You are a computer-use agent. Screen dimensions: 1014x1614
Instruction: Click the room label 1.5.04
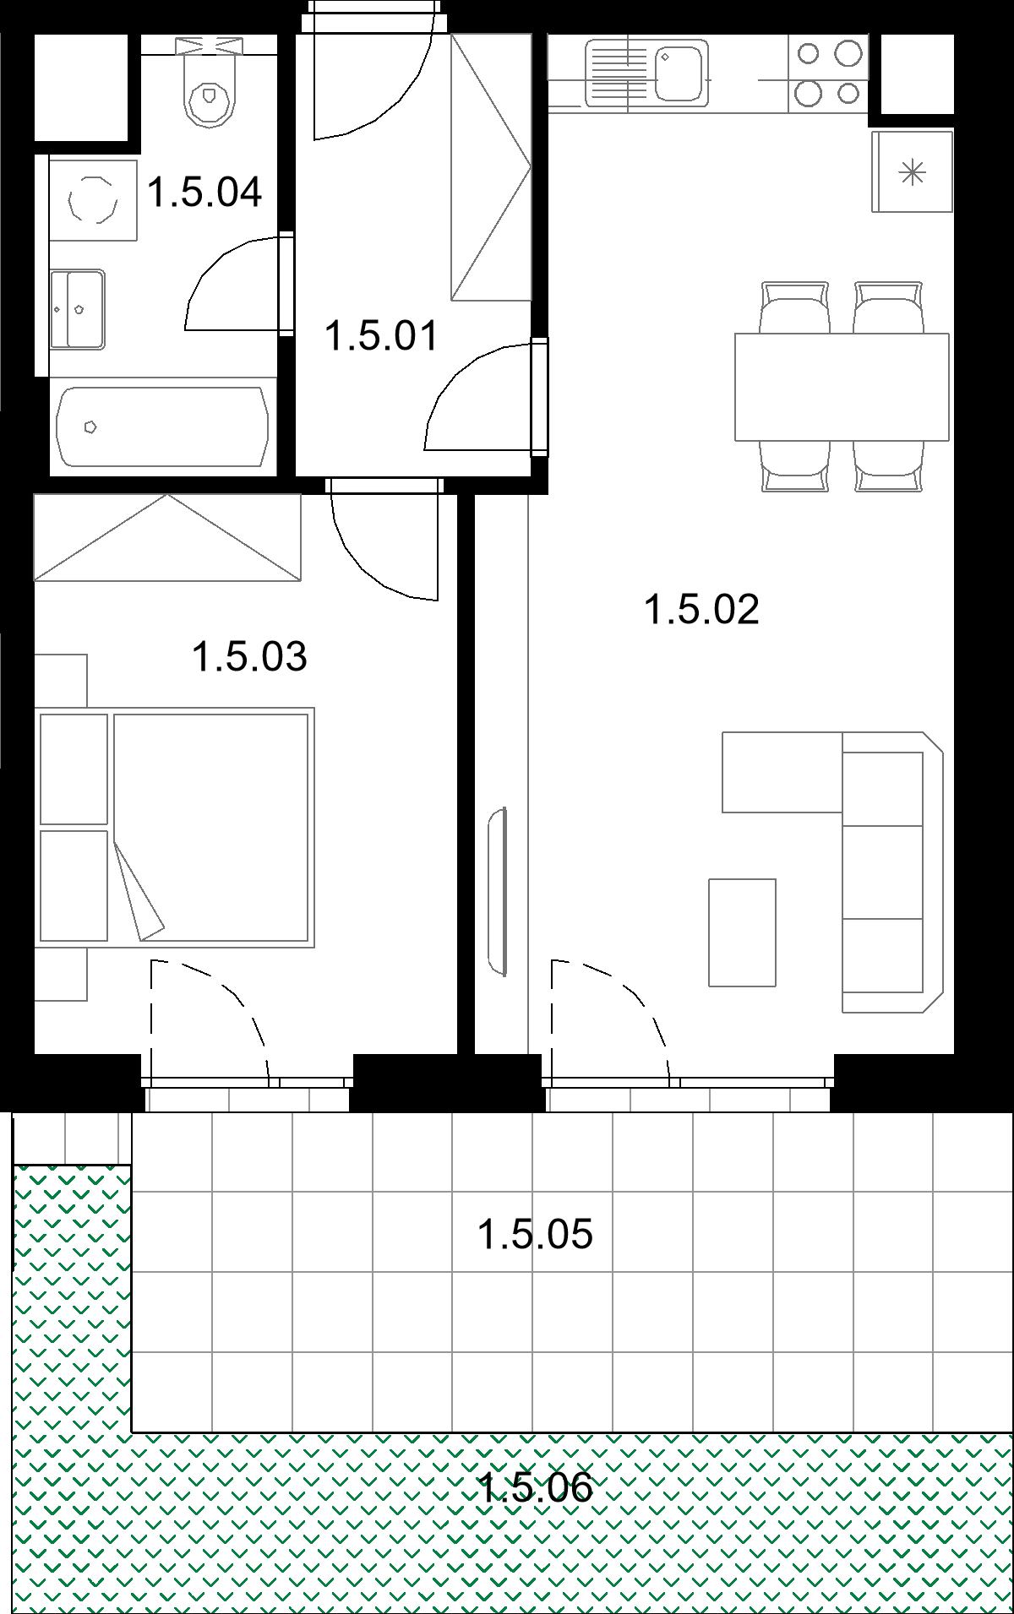[204, 193]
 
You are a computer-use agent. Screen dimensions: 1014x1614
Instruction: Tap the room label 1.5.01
[382, 336]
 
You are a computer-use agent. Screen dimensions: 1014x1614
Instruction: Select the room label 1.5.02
[701, 610]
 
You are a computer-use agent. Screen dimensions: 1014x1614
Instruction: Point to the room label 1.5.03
[249, 657]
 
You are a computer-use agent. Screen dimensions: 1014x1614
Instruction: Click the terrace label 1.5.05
[535, 1235]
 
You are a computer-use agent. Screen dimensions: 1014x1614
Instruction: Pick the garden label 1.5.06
[535, 1486]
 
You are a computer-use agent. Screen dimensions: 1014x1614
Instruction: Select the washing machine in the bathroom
[92, 201]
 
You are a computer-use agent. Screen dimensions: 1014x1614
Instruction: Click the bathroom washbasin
[77, 309]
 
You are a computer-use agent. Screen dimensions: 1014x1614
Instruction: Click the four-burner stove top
[828, 73]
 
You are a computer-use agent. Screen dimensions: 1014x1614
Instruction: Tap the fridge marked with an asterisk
[913, 172]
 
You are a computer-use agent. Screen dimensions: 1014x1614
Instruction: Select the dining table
[842, 387]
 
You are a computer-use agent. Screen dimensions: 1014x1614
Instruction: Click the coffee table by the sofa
[742, 932]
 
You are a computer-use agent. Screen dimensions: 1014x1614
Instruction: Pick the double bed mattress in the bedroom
[211, 828]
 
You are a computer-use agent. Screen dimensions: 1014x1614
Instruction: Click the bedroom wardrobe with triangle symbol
[167, 537]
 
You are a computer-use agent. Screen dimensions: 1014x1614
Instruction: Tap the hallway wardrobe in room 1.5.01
[491, 167]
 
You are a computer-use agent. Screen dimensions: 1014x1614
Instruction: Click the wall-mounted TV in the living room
[498, 892]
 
